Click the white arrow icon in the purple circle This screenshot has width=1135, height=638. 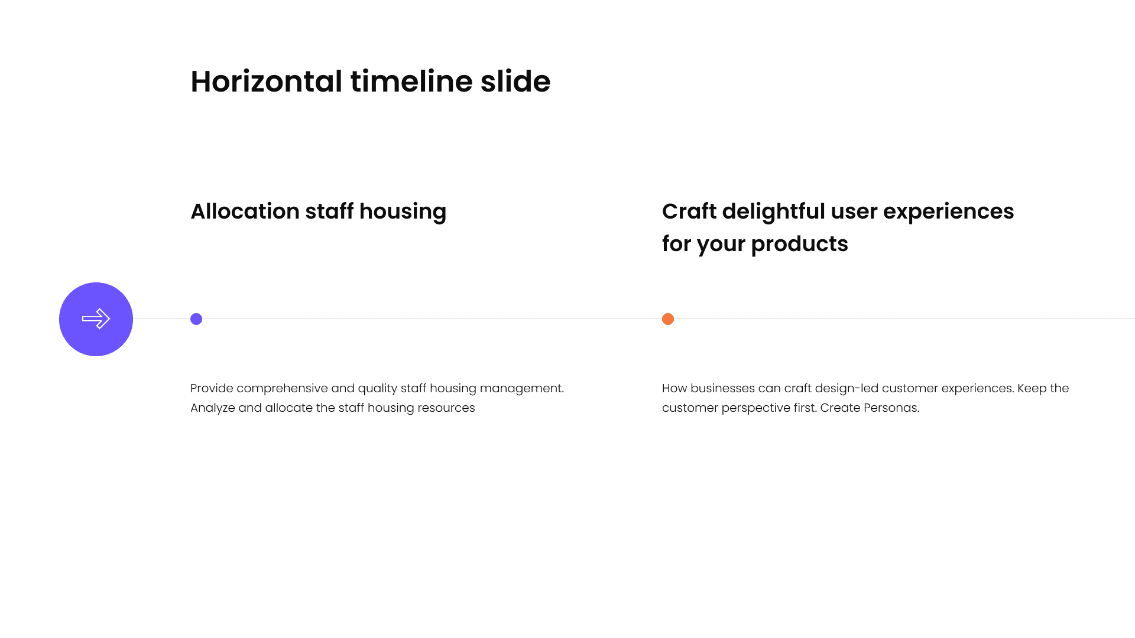[96, 319]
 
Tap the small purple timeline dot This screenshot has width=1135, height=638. [196, 319]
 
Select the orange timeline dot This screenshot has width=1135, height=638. [668, 319]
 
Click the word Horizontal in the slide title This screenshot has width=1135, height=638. [267, 81]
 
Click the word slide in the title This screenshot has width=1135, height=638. [515, 81]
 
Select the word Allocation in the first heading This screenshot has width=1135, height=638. [245, 211]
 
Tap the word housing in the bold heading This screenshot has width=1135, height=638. [403, 212]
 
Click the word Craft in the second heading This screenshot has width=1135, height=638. [689, 211]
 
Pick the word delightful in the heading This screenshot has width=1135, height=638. [773, 212]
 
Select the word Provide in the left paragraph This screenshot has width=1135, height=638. [212, 388]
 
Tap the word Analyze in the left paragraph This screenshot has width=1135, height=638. [213, 408]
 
